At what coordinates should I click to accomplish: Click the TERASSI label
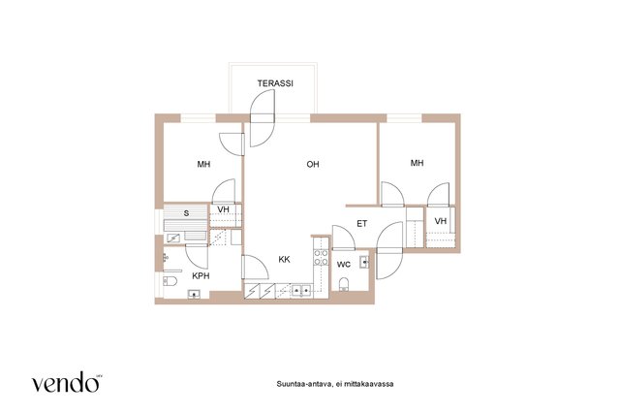pyautogui.click(x=275, y=83)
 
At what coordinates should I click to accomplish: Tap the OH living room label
pyautogui.click(x=313, y=164)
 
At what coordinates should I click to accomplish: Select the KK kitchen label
pyautogui.click(x=284, y=260)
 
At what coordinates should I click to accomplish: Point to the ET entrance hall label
pyautogui.click(x=361, y=224)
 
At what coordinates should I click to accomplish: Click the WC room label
pyautogui.click(x=344, y=265)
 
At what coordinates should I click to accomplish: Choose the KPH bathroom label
pyautogui.click(x=201, y=276)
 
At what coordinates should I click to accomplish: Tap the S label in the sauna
pyautogui.click(x=186, y=213)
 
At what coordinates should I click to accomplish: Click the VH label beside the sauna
pyautogui.click(x=224, y=209)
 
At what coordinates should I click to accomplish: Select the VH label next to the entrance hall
pyautogui.click(x=441, y=221)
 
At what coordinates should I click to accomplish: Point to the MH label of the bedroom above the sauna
pyautogui.click(x=204, y=164)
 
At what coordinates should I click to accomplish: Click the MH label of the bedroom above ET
pyautogui.click(x=418, y=163)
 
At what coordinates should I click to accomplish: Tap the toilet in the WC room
pyautogui.click(x=344, y=284)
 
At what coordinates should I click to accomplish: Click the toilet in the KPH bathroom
pyautogui.click(x=170, y=281)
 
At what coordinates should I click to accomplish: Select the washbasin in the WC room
pyautogui.click(x=364, y=262)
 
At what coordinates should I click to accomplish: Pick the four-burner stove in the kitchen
pyautogui.click(x=321, y=257)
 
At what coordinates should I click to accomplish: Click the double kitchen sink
pyautogui.click(x=301, y=291)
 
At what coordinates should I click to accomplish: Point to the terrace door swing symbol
pyautogui.click(x=263, y=118)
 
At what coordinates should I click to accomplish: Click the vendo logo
pyautogui.click(x=67, y=382)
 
